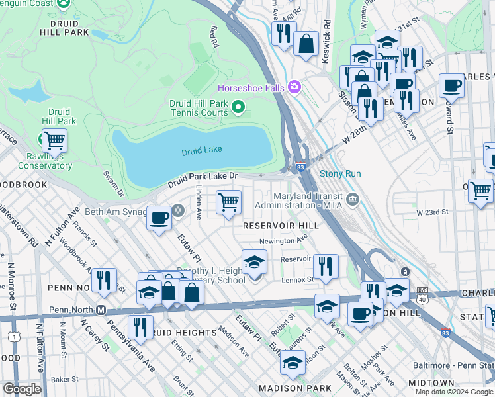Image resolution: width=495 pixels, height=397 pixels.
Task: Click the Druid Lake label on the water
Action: tap(202, 151)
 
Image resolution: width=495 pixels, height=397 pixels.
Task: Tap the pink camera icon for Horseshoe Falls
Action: tap(294, 87)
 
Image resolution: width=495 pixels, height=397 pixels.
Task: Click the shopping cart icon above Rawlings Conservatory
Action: tap(54, 140)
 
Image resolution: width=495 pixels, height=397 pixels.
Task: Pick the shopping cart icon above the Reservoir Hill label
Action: tap(228, 202)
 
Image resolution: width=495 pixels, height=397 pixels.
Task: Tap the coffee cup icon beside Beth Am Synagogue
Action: tap(159, 218)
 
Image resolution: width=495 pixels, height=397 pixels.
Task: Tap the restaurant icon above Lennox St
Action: tap(325, 266)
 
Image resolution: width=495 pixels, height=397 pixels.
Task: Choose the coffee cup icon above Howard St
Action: tap(451, 85)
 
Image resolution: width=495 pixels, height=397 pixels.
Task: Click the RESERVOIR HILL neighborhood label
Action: tap(281, 226)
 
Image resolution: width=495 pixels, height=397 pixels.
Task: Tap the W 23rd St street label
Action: tap(433, 212)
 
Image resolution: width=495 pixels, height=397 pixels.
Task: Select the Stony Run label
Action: tap(340, 174)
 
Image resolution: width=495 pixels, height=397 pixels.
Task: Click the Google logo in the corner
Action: tap(22, 388)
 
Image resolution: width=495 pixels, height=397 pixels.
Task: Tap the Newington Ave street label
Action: tap(285, 240)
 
